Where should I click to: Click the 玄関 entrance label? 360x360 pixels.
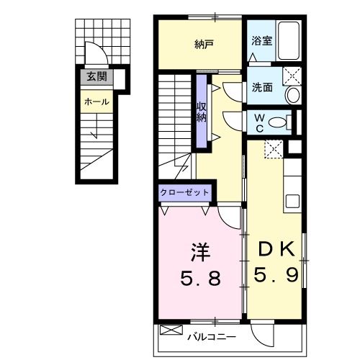[96, 76]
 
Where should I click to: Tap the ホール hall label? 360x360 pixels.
[96, 102]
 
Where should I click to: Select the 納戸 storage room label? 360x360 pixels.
[204, 45]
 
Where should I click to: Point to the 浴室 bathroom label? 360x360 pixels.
[261, 40]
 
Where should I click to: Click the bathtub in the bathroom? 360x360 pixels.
[289, 41]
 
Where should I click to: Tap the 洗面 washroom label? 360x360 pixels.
[262, 87]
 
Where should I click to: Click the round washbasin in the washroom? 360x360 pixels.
[294, 95]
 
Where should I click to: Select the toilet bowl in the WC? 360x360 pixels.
[278, 122]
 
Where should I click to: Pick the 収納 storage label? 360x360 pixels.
[202, 112]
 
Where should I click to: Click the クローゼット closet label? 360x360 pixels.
[184, 192]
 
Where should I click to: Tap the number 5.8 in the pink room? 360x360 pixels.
[200, 279]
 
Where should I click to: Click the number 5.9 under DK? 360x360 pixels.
[276, 274]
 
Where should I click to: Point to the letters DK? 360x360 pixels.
[276, 249]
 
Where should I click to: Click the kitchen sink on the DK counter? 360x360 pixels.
[292, 202]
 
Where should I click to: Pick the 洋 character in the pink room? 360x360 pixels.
[200, 253]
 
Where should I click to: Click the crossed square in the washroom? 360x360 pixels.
[292, 76]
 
